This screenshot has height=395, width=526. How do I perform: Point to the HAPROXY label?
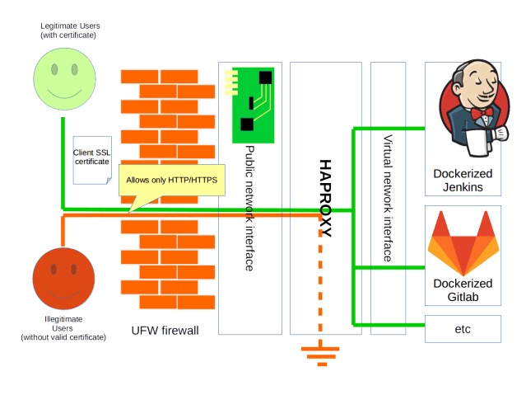coord(325,199)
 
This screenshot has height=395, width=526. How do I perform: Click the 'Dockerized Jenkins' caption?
coord(463,181)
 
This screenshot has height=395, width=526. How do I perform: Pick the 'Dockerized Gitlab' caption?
coord(462,290)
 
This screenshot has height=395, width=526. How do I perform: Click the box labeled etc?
coord(462,328)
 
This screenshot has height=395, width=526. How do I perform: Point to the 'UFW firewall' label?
coord(166,331)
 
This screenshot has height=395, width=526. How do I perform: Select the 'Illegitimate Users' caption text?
coord(63,327)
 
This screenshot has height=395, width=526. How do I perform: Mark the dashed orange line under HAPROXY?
coord(320,289)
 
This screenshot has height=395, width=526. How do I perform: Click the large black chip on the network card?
coord(264,78)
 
